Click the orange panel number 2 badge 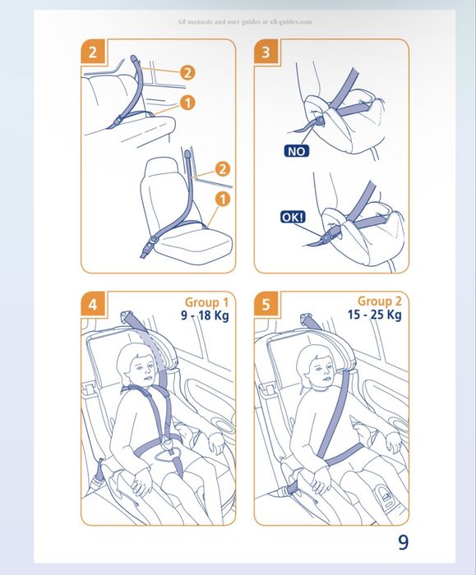click(93, 51)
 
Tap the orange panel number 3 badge click(266, 51)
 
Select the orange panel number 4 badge click(93, 304)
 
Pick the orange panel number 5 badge click(266, 304)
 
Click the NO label click(297, 151)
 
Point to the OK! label click(293, 217)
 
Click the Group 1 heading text click(206, 302)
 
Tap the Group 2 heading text click(380, 301)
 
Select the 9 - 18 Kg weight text click(205, 315)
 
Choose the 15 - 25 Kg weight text click(375, 315)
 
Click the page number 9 click(403, 542)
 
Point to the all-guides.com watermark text click(245, 22)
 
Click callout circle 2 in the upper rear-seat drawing click(187, 72)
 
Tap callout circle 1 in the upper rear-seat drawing click(187, 103)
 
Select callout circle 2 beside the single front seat click(223, 169)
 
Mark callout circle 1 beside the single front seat click(223, 199)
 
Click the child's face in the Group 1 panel click(142, 369)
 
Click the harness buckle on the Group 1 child click(169, 445)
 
